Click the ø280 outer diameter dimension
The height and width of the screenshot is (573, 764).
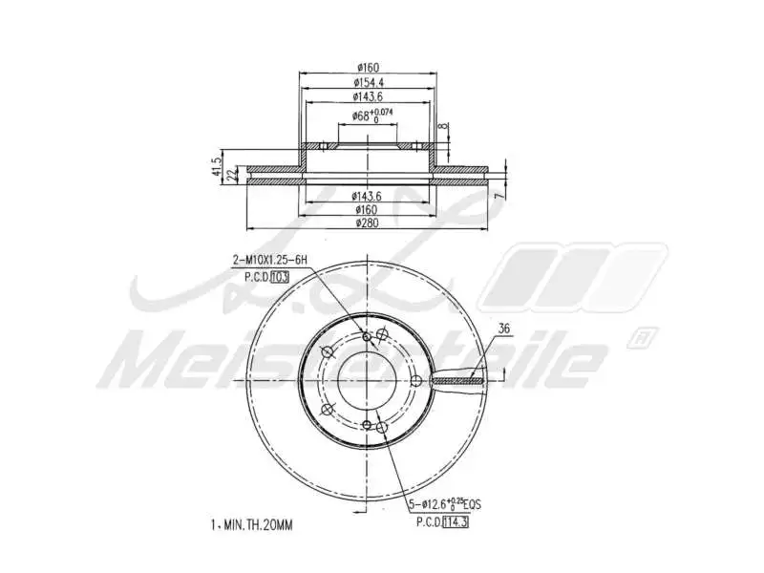tap(369, 223)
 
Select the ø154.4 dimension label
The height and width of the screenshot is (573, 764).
tap(369, 83)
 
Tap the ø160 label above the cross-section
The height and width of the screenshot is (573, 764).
tap(369, 67)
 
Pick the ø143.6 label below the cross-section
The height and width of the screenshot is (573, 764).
tap(369, 196)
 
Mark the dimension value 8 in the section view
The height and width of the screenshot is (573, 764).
tap(441, 126)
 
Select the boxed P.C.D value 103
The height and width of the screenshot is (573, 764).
tap(280, 276)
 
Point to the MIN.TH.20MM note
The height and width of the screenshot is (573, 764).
tap(254, 524)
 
